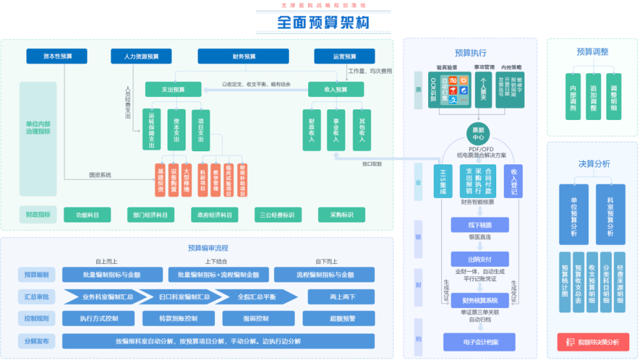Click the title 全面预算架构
(322, 23)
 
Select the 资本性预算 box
(57, 56)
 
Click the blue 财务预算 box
(243, 56)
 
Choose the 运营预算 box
(344, 56)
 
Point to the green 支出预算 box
(173, 89)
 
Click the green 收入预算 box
(336, 89)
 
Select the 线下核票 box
(479, 224)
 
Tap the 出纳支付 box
(479, 259)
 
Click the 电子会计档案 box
(479, 341)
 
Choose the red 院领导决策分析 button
(592, 342)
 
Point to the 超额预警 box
(342, 318)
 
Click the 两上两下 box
(342, 297)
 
